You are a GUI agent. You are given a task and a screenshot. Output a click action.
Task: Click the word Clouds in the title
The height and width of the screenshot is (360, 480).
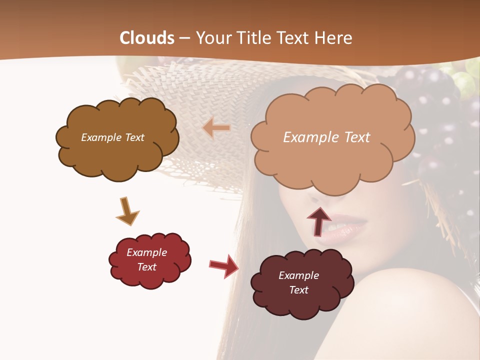coord(147,38)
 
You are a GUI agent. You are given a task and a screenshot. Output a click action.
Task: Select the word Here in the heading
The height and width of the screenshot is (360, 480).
coord(334,38)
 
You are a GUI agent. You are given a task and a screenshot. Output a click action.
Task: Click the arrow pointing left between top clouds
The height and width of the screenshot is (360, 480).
coord(216,128)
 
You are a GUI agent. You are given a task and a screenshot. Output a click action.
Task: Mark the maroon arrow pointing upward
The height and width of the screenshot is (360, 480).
coord(318,220)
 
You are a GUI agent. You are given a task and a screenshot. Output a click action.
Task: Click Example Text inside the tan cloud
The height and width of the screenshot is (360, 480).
coord(327,137)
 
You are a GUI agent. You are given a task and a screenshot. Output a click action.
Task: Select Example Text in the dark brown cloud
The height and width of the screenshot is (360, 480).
coord(112,137)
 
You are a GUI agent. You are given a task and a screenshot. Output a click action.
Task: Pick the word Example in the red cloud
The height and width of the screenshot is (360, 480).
coord(146,252)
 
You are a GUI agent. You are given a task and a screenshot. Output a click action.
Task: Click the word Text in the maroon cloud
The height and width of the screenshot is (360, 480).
coord(298,290)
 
